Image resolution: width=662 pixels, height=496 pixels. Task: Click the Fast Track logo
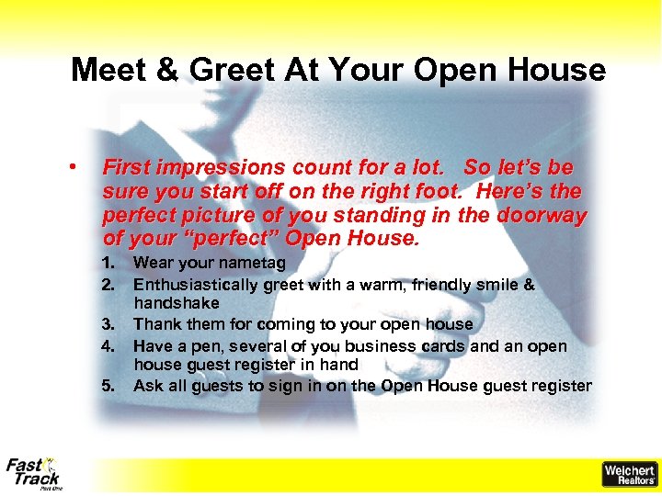pyautogui.click(x=33, y=472)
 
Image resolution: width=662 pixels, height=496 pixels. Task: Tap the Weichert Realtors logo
pyautogui.click(x=629, y=474)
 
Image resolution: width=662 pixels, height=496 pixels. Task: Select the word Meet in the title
pyautogui.click(x=109, y=70)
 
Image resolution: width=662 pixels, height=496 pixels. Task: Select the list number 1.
pyautogui.click(x=108, y=264)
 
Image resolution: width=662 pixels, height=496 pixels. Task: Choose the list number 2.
pyautogui.click(x=108, y=284)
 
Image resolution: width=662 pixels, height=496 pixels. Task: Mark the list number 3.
pyautogui.click(x=108, y=324)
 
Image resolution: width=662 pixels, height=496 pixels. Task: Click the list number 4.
pyautogui.click(x=108, y=345)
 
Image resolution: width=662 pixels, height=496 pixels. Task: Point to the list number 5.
pyautogui.click(x=108, y=386)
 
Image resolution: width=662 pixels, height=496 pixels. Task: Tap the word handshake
pyautogui.click(x=176, y=303)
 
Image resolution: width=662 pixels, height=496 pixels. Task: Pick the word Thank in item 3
pyautogui.click(x=156, y=324)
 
